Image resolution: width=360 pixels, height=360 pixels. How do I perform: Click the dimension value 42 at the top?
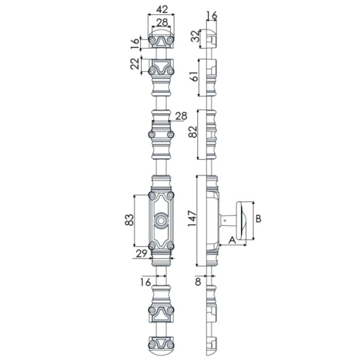162,9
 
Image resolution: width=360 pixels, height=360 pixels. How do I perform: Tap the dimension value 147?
192,219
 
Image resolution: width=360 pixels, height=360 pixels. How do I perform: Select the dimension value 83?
129,220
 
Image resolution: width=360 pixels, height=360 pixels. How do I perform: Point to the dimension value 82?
193,132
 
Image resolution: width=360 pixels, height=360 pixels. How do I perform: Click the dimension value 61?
194,77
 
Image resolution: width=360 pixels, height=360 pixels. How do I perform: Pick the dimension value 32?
196,37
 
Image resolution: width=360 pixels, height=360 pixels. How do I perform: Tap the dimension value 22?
135,64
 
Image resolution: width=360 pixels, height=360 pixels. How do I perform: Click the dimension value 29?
141,254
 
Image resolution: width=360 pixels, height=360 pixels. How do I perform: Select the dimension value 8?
198,282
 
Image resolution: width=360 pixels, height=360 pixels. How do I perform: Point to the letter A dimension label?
232,240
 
